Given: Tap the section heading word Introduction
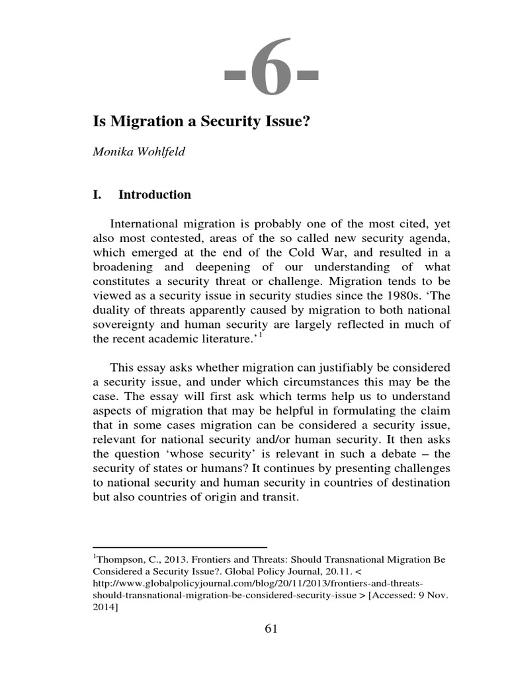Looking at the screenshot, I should tap(155, 194).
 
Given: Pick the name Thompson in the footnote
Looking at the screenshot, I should tap(119, 559).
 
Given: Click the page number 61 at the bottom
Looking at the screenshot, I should tap(271, 629).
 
